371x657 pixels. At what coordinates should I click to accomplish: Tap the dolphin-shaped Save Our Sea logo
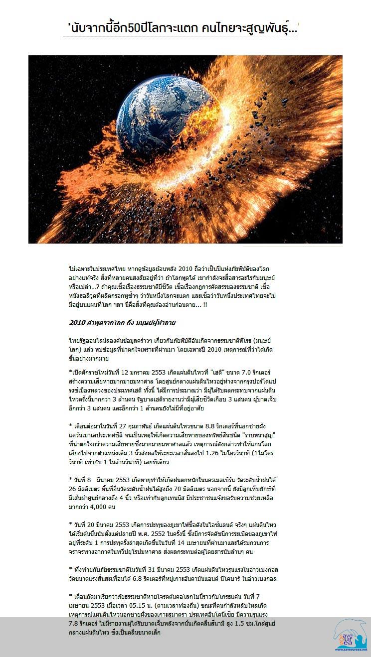pyautogui.click(x=350, y=634)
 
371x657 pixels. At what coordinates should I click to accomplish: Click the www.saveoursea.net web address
pyautogui.click(x=351, y=650)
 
